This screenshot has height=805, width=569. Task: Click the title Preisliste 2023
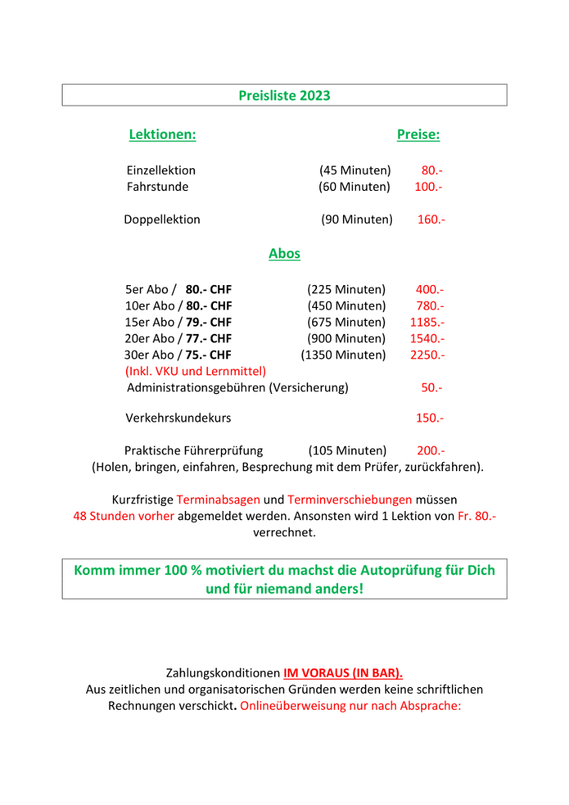(284, 96)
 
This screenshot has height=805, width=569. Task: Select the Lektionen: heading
(163, 135)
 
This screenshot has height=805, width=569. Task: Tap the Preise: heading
(418, 135)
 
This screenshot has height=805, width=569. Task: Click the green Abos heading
(284, 253)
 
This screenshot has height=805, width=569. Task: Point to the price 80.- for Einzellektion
(432, 171)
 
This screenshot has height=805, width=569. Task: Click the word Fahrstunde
(158, 187)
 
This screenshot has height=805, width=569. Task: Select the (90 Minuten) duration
(357, 219)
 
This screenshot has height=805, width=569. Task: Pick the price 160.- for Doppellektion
(431, 219)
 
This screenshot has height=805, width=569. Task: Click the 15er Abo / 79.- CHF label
(179, 322)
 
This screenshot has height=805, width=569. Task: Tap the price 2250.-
(428, 355)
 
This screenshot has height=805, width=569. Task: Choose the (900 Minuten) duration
(346, 339)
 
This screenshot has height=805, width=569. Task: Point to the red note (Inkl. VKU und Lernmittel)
(196, 371)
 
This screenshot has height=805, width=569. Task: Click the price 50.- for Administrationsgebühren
(432, 387)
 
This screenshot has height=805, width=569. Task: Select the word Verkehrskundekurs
(178, 418)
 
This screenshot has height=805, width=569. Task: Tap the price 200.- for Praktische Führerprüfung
(431, 451)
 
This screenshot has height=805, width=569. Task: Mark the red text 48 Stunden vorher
(124, 516)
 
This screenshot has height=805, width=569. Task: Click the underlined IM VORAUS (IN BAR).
(343, 673)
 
